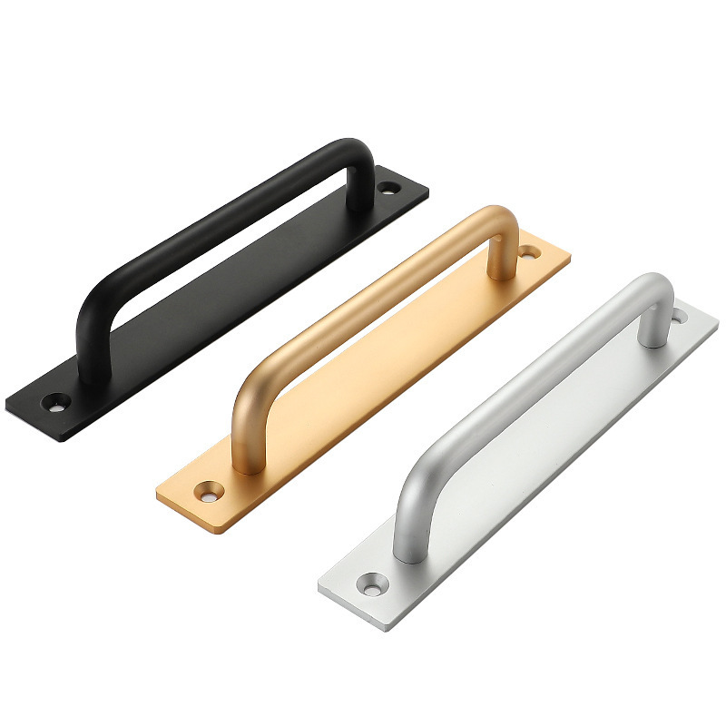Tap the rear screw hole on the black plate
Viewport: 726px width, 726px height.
(x=389, y=188)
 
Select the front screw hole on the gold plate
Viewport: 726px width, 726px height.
(x=211, y=489)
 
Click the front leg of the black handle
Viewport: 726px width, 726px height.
(x=90, y=354)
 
